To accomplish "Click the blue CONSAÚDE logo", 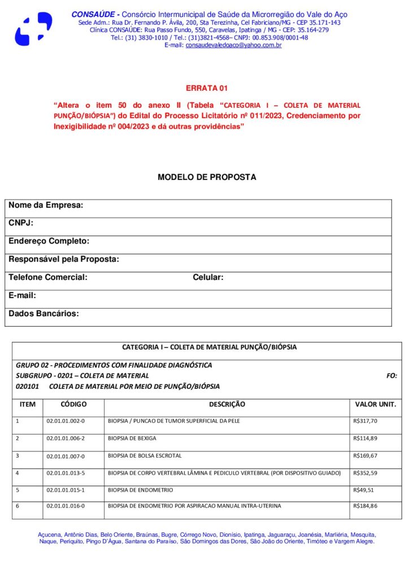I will (33, 29).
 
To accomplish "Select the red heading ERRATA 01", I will (206, 89).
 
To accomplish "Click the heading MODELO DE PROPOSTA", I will (207, 177).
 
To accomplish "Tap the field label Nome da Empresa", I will (46, 205).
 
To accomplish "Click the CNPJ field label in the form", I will (21, 224).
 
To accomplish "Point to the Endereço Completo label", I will (49, 242).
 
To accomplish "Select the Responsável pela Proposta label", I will (64, 260).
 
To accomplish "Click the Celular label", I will (208, 278).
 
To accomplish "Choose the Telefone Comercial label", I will (48, 278).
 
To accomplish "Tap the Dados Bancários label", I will (43, 314).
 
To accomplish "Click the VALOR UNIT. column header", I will (375, 405).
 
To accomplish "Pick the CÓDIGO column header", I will (73, 405).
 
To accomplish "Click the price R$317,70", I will (365, 421).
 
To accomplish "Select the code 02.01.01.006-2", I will (66, 439).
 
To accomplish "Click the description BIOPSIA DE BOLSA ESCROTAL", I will (145, 456).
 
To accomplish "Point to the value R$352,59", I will (365, 473).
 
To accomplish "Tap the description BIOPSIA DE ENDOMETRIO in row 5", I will (141, 490).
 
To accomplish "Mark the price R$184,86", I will (365, 506).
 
